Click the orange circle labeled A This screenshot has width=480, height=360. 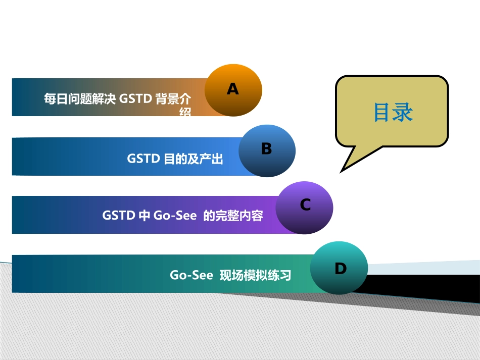(x=233, y=90)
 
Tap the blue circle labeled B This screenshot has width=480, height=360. (x=266, y=150)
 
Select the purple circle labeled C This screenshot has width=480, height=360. (x=304, y=208)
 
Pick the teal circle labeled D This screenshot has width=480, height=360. (x=338, y=268)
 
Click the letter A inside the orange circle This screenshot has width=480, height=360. (x=232, y=89)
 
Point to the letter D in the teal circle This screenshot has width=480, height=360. (x=341, y=269)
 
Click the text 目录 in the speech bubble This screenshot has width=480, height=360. (x=393, y=113)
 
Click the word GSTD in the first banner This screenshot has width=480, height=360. (x=135, y=98)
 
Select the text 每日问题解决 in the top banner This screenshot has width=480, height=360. (x=80, y=98)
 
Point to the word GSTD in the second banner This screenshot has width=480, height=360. (x=143, y=159)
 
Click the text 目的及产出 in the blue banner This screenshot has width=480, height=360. (x=194, y=159)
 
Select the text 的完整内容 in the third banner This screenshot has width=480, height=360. (x=233, y=216)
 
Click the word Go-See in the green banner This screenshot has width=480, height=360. (x=191, y=276)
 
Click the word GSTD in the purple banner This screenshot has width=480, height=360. (x=118, y=216)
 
